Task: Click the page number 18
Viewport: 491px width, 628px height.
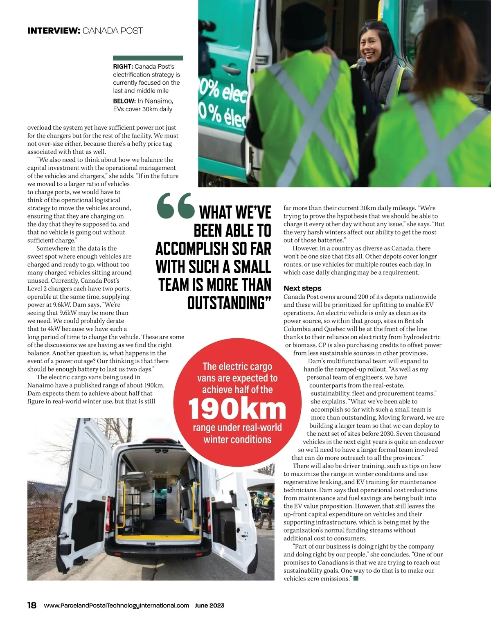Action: [x=32, y=605]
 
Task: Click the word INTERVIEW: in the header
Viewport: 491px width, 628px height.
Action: [x=54, y=31]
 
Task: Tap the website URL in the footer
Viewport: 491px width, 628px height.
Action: [x=117, y=605]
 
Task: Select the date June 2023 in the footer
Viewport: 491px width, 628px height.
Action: [x=209, y=605]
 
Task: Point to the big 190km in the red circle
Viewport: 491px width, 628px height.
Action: [x=237, y=409]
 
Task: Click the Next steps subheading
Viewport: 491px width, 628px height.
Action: [x=302, y=288]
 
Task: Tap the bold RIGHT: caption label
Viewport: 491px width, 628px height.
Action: [x=123, y=67]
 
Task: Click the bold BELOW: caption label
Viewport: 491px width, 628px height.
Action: [x=124, y=101]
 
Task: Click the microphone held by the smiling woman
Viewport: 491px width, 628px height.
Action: [x=361, y=63]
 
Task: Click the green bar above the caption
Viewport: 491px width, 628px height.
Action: [x=148, y=58]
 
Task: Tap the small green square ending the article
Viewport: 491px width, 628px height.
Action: [x=356, y=578]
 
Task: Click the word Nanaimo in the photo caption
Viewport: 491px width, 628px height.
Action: [x=160, y=101]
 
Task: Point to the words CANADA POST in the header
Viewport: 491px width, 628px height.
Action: [x=113, y=31]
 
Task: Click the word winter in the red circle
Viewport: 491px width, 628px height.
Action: [x=217, y=440]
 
